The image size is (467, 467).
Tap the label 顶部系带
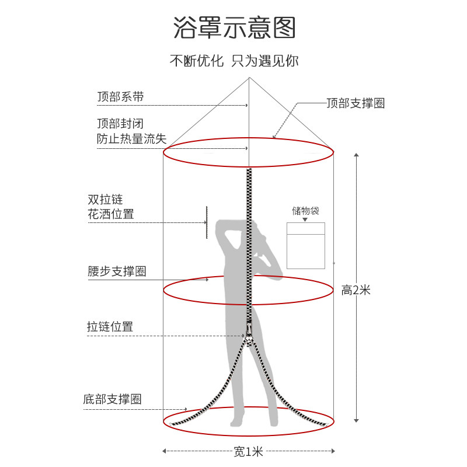click(x=120, y=97)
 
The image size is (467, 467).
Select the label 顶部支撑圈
click(x=356, y=103)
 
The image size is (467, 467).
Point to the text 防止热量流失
click(x=131, y=139)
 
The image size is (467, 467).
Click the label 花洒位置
click(x=111, y=214)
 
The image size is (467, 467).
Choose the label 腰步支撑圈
click(x=117, y=271)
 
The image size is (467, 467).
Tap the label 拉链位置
click(x=110, y=327)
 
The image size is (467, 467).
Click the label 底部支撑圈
click(x=113, y=399)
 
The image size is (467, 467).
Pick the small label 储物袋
click(x=305, y=211)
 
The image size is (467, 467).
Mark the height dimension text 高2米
click(x=356, y=290)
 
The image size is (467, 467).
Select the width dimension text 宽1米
click(x=249, y=451)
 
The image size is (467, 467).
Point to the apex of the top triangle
click(x=250, y=77)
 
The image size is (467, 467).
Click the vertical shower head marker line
click(x=206, y=222)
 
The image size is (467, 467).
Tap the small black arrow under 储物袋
click(x=305, y=219)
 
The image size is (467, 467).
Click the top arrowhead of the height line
click(x=356, y=155)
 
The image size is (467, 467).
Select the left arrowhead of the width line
click(x=165, y=451)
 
